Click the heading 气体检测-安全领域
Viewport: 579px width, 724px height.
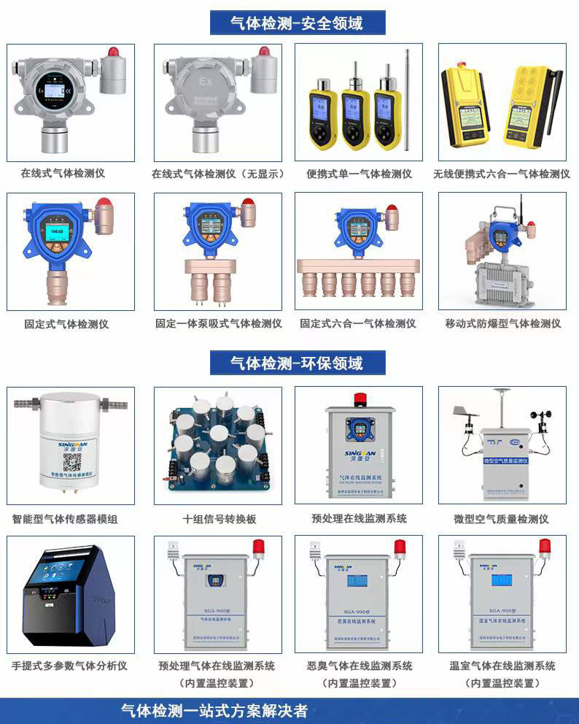pos(297,23)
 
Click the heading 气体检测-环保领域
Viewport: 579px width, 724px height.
pos(297,362)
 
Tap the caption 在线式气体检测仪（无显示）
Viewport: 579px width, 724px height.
pos(217,174)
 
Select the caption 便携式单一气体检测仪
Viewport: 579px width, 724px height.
pos(359,174)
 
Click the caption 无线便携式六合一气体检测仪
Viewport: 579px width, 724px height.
pos(502,174)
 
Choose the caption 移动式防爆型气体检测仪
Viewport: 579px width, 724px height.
pos(502,323)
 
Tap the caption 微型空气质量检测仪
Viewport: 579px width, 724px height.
pos(501,519)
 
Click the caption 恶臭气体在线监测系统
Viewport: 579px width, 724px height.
pos(360,666)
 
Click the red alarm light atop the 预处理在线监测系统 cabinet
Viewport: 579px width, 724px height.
pos(360,398)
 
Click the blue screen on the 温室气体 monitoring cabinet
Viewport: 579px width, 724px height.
pos(501,581)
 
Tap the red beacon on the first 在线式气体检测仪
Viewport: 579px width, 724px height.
pos(113,53)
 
